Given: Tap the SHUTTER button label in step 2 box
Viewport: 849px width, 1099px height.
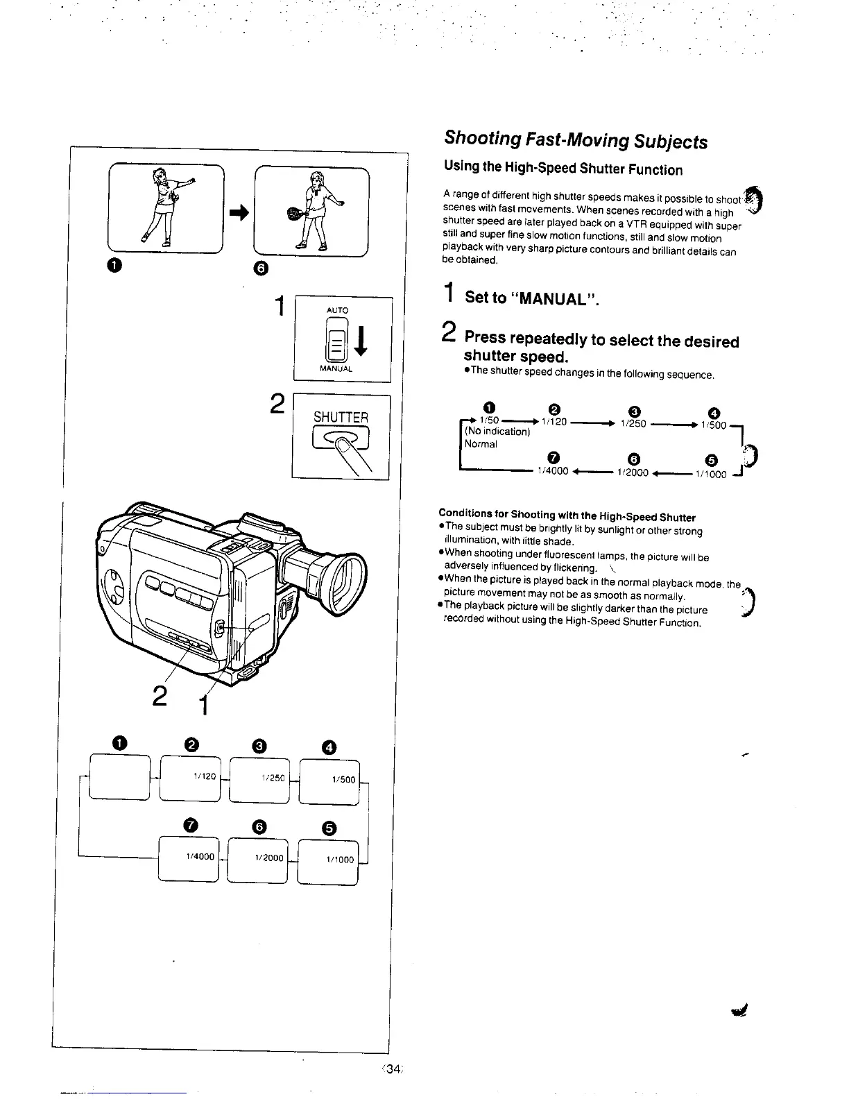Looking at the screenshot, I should [x=341, y=417].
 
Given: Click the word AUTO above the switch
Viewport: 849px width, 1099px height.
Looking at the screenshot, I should [x=338, y=310].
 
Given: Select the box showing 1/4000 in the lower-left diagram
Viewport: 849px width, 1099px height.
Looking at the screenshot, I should [x=189, y=860].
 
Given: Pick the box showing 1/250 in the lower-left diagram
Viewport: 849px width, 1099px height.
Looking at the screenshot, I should [x=259, y=780].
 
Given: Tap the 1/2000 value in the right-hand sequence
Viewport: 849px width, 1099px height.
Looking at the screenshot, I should [x=632, y=472].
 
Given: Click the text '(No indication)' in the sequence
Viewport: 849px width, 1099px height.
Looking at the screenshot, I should [x=497, y=432].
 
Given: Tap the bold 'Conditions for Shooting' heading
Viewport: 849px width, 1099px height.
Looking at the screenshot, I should [x=567, y=516].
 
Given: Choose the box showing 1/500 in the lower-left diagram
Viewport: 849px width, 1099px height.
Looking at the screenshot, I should [x=329, y=780].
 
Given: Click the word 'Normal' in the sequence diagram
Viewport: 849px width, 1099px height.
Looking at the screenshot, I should [x=481, y=444].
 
